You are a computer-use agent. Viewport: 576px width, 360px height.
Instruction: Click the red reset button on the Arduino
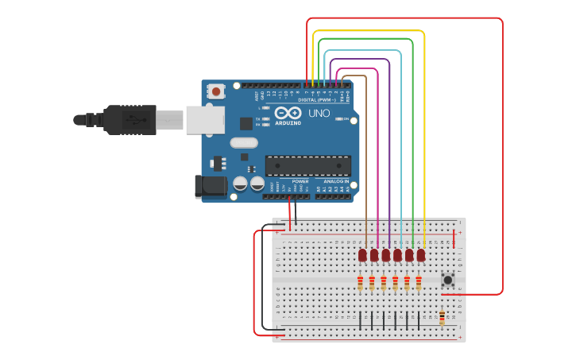tap(216, 92)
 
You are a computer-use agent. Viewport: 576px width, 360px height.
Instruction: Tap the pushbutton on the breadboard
tap(447, 279)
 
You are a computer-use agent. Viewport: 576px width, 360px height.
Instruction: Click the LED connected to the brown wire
tap(362, 255)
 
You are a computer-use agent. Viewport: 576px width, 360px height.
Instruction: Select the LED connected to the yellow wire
tap(421, 255)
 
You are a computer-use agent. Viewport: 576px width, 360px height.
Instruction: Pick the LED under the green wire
tap(409, 255)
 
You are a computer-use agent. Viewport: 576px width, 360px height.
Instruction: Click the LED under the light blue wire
tap(397, 255)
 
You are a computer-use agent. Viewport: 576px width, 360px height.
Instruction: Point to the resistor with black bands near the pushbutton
tap(442, 318)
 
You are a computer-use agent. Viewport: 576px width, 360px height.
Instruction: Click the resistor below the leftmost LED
tap(360, 283)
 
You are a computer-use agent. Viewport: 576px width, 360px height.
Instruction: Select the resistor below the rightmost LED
tap(419, 283)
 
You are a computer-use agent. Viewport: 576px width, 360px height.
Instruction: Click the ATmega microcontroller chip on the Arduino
tap(308, 165)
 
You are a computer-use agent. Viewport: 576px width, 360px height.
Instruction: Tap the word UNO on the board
tap(319, 114)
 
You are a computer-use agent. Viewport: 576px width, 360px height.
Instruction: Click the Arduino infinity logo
tap(287, 114)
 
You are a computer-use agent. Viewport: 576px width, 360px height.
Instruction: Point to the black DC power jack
tap(209, 187)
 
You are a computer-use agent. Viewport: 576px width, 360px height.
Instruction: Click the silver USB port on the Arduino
tap(204, 120)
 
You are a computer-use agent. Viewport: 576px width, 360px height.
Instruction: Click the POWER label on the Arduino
tap(300, 181)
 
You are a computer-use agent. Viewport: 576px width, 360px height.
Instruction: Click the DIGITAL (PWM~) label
tap(317, 100)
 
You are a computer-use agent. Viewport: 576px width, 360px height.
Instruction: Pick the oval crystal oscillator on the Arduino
tap(244, 143)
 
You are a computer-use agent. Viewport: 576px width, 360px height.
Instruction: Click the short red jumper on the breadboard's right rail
tap(454, 238)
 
